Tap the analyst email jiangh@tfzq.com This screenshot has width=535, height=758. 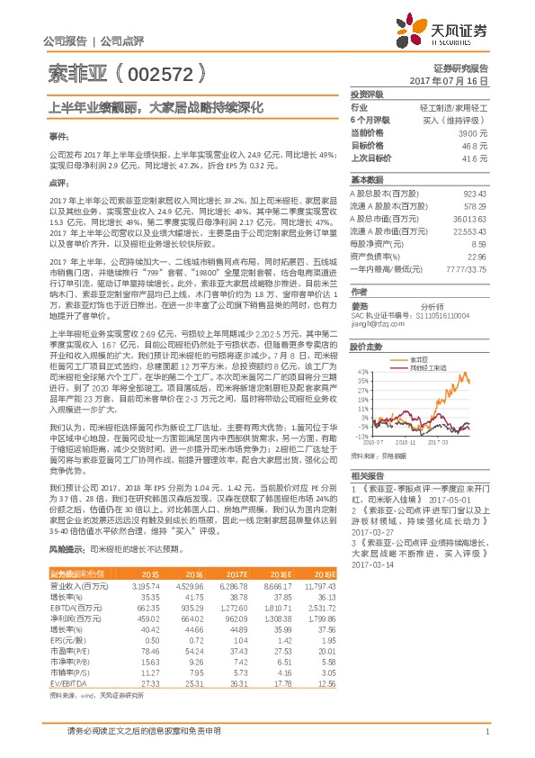pyautogui.click(x=374, y=323)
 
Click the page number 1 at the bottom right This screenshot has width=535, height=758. pyautogui.click(x=486, y=732)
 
